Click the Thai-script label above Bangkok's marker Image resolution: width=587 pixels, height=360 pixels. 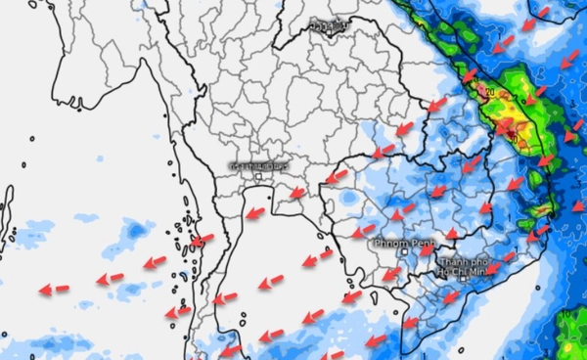pyautogui.click(x=257, y=164)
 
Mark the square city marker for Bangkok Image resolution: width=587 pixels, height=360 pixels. pyautogui.click(x=258, y=176)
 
